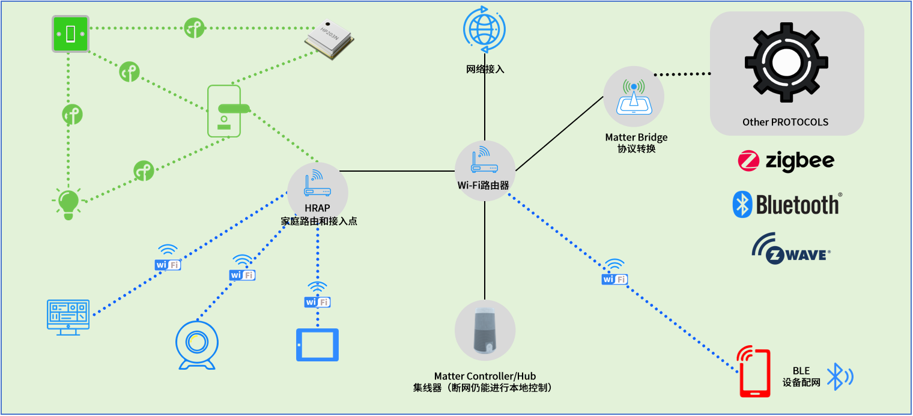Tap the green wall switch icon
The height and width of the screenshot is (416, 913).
tap(70, 34)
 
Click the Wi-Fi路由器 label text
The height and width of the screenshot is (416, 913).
tap(484, 185)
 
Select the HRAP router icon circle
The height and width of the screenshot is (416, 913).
tap(317, 184)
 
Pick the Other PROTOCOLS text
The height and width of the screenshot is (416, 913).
tap(785, 122)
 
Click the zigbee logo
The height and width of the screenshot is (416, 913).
tap(786, 161)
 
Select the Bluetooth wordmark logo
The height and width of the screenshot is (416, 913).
tap(787, 205)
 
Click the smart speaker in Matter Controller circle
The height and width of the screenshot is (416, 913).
tap(485, 331)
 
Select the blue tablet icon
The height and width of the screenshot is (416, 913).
tap(317, 345)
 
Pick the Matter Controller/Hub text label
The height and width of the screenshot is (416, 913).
tap(485, 376)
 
